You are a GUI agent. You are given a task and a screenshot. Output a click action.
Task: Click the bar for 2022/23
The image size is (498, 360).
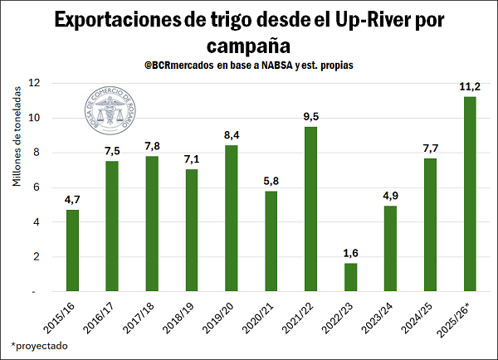coord(350,277)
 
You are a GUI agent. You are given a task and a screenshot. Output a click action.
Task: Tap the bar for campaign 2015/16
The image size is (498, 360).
coord(72,250)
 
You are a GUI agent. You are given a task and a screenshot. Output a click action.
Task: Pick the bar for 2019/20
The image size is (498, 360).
coord(231,218)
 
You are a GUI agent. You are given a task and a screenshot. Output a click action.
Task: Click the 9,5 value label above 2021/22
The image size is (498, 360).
coord(310,116)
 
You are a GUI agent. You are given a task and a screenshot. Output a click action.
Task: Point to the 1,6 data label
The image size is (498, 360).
coord(350,253)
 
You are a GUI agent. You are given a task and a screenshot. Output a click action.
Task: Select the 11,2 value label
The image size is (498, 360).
coord(470,86)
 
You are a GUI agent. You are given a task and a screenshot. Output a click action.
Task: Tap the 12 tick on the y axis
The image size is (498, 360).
coord(34,83)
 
